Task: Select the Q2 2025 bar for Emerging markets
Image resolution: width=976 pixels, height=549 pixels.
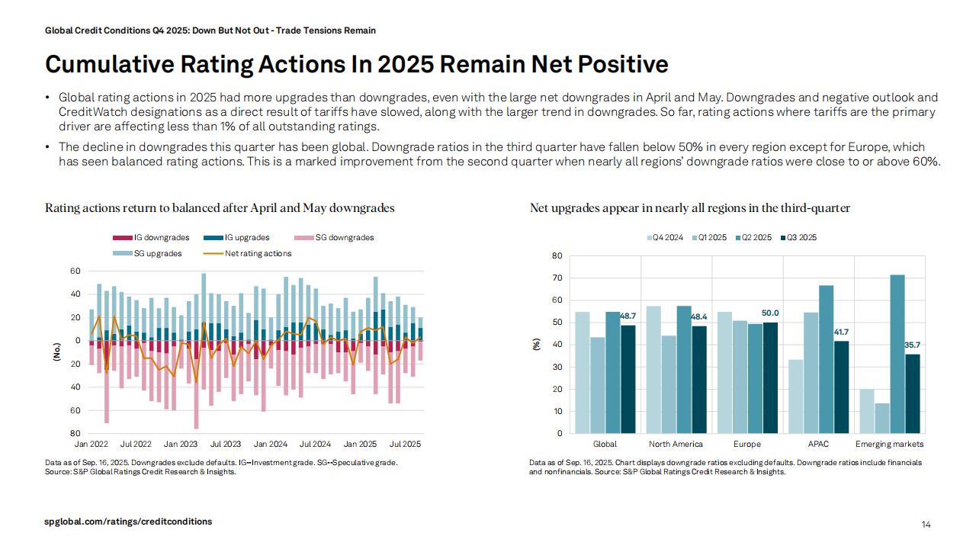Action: [897, 354]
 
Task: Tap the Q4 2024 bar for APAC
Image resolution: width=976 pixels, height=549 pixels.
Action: [795, 396]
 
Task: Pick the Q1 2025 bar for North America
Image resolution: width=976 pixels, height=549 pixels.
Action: [668, 384]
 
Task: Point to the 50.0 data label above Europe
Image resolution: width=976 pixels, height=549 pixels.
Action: [770, 313]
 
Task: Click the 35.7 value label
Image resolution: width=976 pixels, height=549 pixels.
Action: [913, 345]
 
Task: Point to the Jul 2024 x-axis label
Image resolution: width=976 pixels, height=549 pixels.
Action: [315, 444]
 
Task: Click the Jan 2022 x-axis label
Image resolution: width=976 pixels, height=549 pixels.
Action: [91, 444]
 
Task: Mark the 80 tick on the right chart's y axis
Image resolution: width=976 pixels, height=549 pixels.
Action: [557, 256]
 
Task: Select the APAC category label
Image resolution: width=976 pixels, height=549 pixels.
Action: [818, 444]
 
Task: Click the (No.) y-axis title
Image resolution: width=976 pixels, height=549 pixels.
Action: [56, 352]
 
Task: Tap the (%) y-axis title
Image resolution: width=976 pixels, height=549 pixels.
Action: [536, 345]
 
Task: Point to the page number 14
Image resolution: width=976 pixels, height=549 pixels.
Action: [926, 525]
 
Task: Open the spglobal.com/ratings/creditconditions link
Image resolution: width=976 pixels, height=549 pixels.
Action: [128, 522]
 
